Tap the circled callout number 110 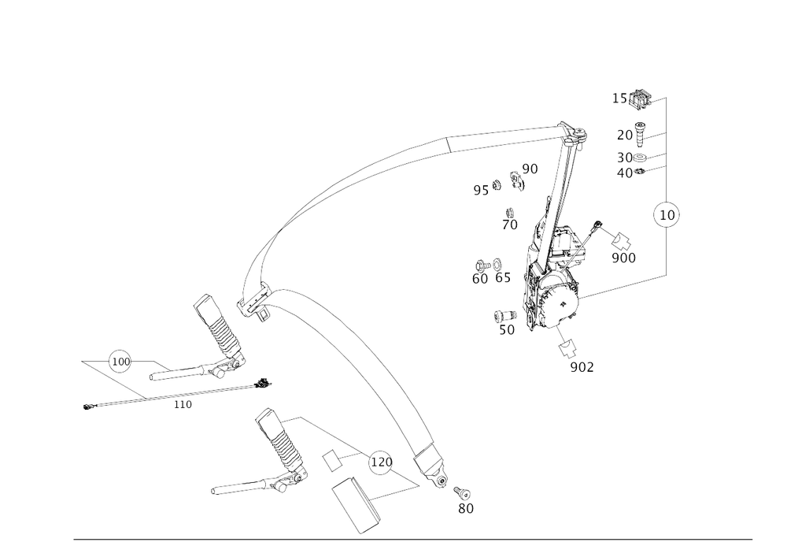pos(118,362)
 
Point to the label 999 pos(623,258)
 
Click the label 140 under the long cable pos(183,404)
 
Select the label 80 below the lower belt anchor pos(466,509)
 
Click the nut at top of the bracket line pos(641,98)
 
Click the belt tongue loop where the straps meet pos(260,303)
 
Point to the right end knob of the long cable pos(264,383)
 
